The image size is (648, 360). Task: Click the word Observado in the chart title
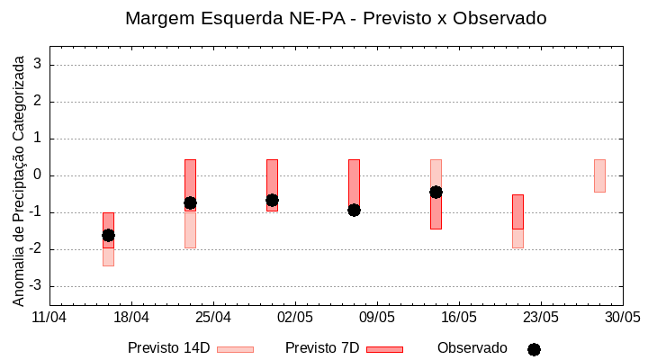(x=503, y=18)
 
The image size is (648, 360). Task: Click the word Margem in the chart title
(x=158, y=18)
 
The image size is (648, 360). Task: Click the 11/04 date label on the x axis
(x=49, y=318)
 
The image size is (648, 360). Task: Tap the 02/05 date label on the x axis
(x=295, y=318)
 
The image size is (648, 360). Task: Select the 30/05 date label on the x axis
(x=623, y=318)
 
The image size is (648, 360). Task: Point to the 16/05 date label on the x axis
(x=459, y=318)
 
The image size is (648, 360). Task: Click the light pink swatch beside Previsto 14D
(x=235, y=349)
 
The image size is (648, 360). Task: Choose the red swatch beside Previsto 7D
(x=384, y=349)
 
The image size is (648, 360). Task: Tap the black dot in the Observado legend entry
(x=534, y=349)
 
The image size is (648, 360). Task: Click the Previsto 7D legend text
(x=322, y=348)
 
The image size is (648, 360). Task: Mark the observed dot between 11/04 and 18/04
(x=108, y=235)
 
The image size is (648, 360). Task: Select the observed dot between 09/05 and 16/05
(x=436, y=192)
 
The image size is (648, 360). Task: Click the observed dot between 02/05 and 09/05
(x=354, y=210)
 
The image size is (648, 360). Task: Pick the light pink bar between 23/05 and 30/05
(x=599, y=175)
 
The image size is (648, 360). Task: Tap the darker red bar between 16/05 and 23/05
(x=517, y=211)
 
